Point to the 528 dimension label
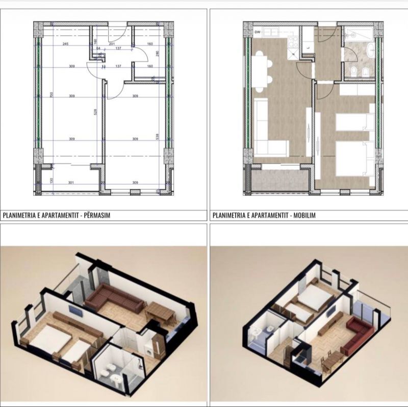click(95, 114)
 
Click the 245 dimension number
click(65, 44)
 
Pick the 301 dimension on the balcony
click(71, 182)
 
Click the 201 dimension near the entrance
click(112, 44)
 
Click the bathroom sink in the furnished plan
click(370, 50)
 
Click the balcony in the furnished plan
click(279, 180)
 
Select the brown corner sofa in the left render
click(113, 301)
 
